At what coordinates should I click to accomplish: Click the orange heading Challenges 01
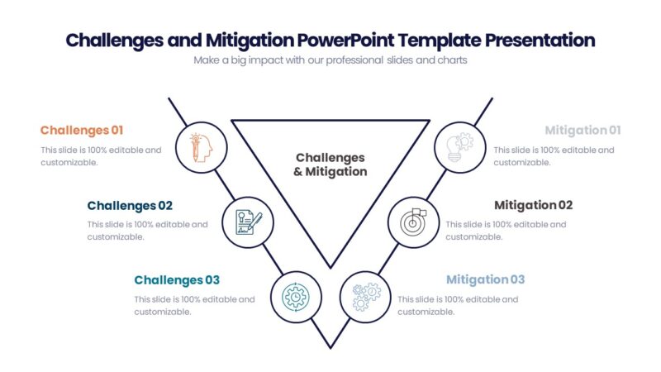pyautogui.click(x=82, y=130)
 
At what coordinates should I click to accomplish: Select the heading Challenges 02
pyautogui.click(x=130, y=205)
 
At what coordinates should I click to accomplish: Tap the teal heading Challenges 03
pyautogui.click(x=177, y=280)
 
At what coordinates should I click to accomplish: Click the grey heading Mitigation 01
pyautogui.click(x=583, y=130)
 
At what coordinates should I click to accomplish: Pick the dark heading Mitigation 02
pyautogui.click(x=533, y=205)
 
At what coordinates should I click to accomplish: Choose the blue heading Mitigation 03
pyautogui.click(x=485, y=279)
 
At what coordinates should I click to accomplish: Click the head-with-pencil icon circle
pyautogui.click(x=201, y=147)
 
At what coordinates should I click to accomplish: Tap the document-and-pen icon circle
pyautogui.click(x=249, y=222)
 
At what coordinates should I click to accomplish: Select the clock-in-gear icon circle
pyautogui.click(x=296, y=297)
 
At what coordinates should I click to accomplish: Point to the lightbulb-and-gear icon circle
pyautogui.click(x=459, y=147)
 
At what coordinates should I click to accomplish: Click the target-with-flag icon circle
pyautogui.click(x=413, y=222)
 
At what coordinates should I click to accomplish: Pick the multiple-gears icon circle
pyautogui.click(x=365, y=297)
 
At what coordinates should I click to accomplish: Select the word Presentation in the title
pyautogui.click(x=540, y=40)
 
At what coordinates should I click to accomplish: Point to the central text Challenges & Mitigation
pyautogui.click(x=330, y=165)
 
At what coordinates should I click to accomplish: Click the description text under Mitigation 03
pyautogui.click(x=458, y=305)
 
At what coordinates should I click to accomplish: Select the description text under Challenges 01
pyautogui.click(x=101, y=156)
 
